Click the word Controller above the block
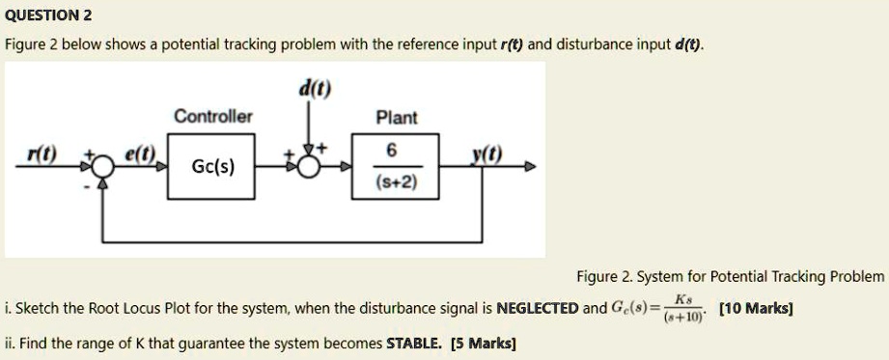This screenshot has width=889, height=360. click(213, 117)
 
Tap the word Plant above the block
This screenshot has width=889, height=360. click(397, 118)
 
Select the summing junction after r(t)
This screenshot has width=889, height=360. click(102, 166)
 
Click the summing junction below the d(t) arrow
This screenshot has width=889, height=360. click(309, 166)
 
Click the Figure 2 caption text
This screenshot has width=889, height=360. click(729, 277)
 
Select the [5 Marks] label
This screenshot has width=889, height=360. click(484, 342)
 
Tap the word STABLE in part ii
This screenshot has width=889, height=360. click(415, 342)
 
